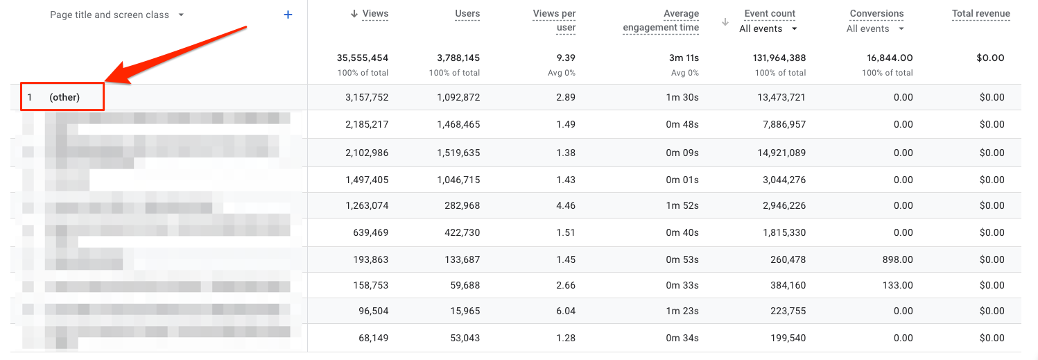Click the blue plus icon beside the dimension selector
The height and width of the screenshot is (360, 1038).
(x=288, y=15)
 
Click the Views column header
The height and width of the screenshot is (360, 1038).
(x=375, y=13)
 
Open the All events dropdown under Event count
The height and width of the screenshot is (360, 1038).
(x=768, y=28)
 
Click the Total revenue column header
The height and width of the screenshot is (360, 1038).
(x=980, y=13)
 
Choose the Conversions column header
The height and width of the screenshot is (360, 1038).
(x=876, y=13)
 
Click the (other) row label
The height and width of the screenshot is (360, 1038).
(x=64, y=97)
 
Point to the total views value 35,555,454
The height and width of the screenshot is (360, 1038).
(x=362, y=58)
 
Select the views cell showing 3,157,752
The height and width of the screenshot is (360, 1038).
(x=367, y=97)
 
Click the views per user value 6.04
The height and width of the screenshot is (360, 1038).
(x=566, y=311)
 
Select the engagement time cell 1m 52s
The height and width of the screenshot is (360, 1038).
(x=682, y=205)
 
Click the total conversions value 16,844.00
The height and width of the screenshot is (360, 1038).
(x=886, y=58)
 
